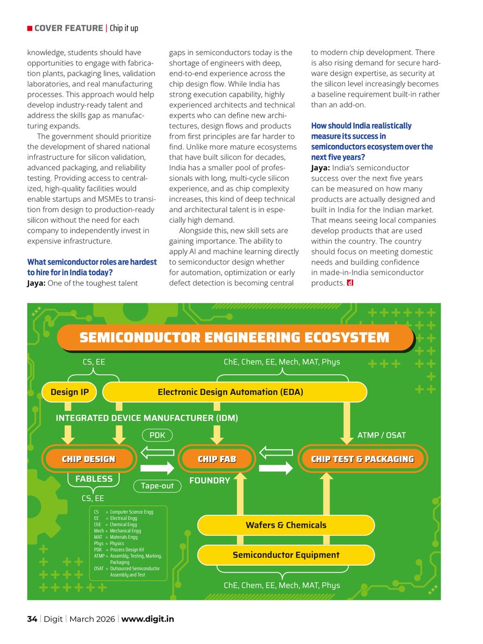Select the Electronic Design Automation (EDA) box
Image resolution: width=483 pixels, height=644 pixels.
pos(231,392)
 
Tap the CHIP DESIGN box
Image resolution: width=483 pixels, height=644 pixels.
pos(89,459)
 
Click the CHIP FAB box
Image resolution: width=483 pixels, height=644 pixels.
pos(217,459)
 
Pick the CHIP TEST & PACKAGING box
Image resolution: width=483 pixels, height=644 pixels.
pos(363,459)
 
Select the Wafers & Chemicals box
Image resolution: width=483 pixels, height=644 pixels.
pos(286,525)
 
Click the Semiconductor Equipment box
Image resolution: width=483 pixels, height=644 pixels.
pos(286,555)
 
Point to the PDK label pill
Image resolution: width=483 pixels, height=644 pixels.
pos(157,435)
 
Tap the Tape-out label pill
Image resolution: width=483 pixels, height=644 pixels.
pos(157,486)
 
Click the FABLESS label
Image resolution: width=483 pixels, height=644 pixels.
pos(94,479)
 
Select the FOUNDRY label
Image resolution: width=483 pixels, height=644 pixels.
pos(210,481)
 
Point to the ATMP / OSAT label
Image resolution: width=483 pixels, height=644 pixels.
pos(382,435)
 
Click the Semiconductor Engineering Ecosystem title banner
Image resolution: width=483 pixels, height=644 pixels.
pos(235,338)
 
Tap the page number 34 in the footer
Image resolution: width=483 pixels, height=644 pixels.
pos(32,619)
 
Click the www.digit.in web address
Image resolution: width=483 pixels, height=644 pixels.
pos(148,619)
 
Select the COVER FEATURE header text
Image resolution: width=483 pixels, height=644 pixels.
pos(68,28)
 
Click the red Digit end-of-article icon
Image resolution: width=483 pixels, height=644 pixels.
pos(349,283)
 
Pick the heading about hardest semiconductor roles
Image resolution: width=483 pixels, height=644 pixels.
pos(92,267)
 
